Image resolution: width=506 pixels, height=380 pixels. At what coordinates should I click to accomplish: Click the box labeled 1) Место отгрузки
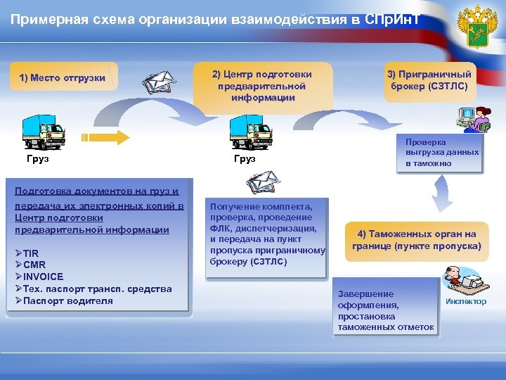pos(63,78)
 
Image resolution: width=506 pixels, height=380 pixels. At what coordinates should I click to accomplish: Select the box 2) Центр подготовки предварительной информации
pos(262,86)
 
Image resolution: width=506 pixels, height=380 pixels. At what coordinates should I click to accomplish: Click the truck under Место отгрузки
pos(44,132)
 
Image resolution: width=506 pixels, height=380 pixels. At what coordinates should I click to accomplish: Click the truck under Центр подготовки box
pos(251,132)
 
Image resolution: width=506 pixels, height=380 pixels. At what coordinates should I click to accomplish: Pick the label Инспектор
pos(465,302)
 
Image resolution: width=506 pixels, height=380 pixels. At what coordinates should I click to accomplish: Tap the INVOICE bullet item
pos(39,277)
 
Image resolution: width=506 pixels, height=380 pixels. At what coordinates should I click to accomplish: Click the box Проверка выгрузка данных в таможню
pos(441,153)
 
